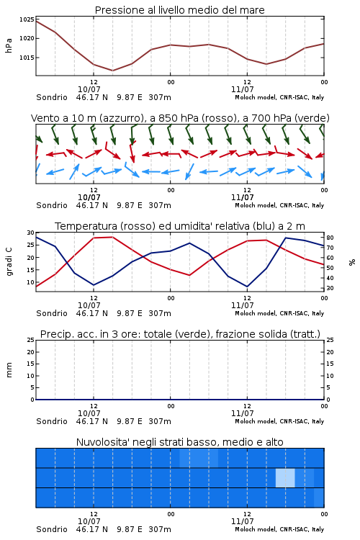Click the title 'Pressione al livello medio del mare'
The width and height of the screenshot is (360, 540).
[x=179, y=10]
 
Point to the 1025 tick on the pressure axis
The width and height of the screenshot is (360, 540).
[x=27, y=19]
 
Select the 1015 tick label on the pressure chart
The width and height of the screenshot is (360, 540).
[x=27, y=58]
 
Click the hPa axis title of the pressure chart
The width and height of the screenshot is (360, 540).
[x=9, y=45]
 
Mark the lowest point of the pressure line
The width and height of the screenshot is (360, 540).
[x=112, y=71]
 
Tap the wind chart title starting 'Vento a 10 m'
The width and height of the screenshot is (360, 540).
[x=180, y=119]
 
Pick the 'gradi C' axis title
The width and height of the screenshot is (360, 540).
[x=9, y=262]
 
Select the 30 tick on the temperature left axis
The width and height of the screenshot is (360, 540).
[x=31, y=233]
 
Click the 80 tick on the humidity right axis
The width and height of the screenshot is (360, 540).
[x=330, y=238]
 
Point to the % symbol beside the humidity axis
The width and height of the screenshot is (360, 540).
[x=352, y=262]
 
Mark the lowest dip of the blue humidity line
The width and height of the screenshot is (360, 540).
[x=247, y=287]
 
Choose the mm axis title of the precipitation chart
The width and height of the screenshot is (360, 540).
[x=9, y=370]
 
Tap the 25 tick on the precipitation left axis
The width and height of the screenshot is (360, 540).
[x=31, y=341]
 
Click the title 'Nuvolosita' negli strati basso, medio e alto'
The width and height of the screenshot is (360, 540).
[x=179, y=442]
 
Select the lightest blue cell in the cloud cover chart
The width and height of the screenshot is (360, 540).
[x=285, y=477]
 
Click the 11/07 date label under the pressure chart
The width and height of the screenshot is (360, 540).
[x=242, y=89]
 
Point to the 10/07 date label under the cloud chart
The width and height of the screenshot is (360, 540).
[x=89, y=521]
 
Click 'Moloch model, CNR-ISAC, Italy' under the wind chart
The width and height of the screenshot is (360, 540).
[x=279, y=205]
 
